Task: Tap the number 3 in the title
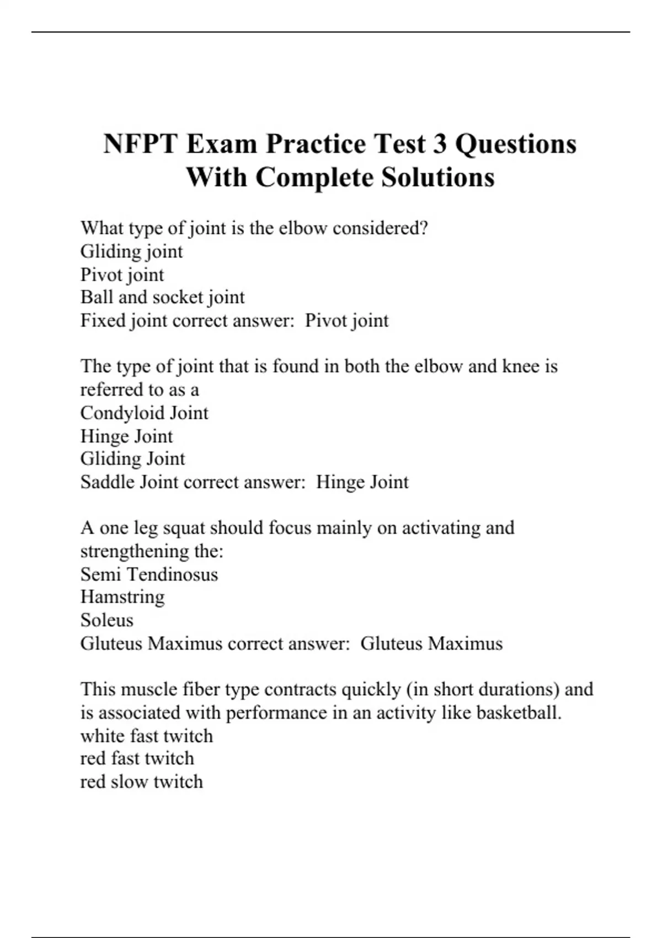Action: (x=439, y=144)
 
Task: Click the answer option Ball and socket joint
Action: (x=162, y=297)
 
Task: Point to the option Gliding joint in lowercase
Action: (x=131, y=252)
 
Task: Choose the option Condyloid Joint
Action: (x=144, y=413)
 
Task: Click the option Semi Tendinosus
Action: (x=149, y=574)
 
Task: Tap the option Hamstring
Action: (x=122, y=597)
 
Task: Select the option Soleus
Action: (x=106, y=620)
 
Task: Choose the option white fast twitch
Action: (x=146, y=736)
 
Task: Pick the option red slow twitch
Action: (x=141, y=782)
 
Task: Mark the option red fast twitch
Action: (x=137, y=759)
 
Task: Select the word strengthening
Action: (x=135, y=551)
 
